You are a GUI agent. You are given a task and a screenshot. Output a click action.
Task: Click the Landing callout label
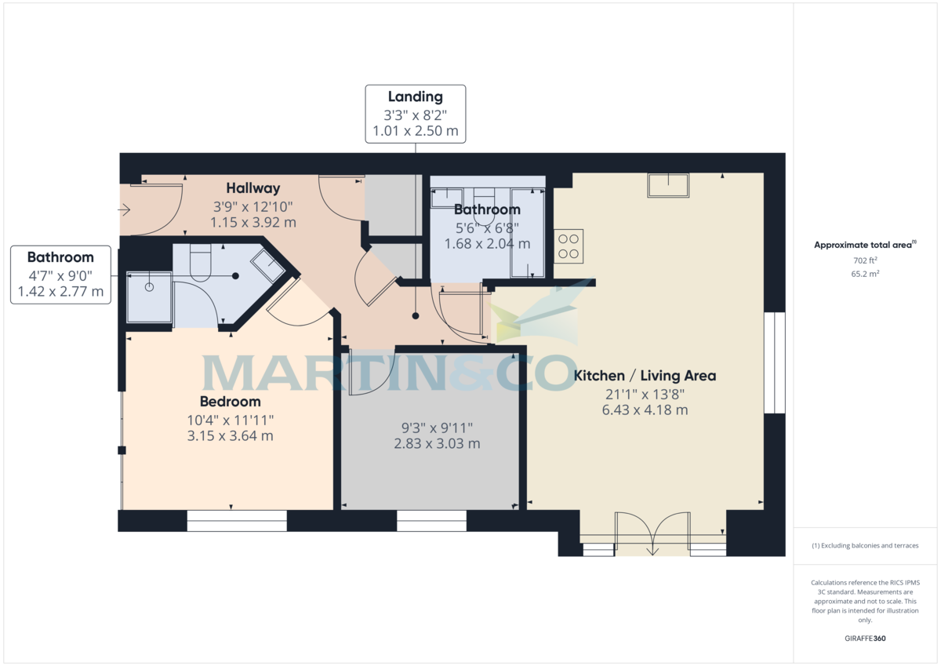pyautogui.click(x=416, y=97)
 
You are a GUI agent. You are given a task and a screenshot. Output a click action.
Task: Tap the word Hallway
pyautogui.click(x=253, y=188)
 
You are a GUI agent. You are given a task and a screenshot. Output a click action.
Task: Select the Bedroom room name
pyautogui.click(x=229, y=402)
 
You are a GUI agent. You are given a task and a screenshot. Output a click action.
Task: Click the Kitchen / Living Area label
pyautogui.click(x=645, y=376)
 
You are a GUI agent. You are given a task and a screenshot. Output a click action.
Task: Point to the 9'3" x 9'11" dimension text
pyautogui.click(x=437, y=428)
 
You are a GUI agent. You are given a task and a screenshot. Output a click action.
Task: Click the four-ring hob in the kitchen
pyautogui.click(x=569, y=246)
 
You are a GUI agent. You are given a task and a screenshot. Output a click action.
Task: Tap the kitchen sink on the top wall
pyautogui.click(x=667, y=185)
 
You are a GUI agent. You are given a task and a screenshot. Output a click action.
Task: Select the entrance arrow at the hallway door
pyautogui.click(x=124, y=209)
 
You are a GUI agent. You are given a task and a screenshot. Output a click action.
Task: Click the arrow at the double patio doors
pyautogui.click(x=652, y=551)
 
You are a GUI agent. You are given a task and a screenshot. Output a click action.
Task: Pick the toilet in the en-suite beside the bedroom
pyautogui.click(x=202, y=262)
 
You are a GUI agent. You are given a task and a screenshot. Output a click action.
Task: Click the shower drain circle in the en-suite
pyautogui.click(x=149, y=287)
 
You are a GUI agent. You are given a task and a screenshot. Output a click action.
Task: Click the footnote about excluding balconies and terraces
pyautogui.click(x=864, y=545)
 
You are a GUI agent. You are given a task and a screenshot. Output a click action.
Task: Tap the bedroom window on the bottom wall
pyautogui.click(x=237, y=521)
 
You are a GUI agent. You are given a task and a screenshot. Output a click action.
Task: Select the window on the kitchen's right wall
pyautogui.click(x=774, y=362)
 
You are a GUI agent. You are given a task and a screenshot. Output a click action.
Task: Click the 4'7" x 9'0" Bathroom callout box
pyautogui.click(x=60, y=275)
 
